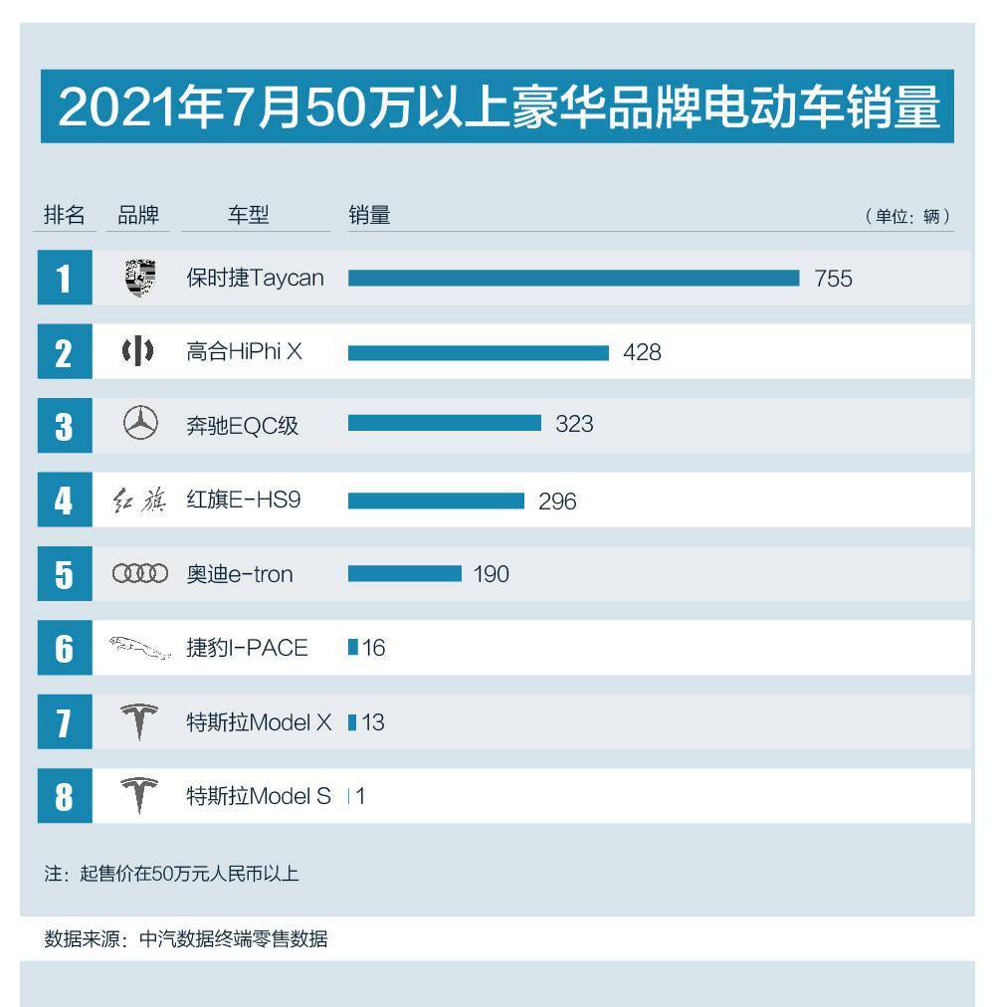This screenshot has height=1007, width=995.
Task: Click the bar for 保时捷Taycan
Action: coord(573,278)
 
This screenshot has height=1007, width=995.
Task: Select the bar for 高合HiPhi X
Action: coord(478,352)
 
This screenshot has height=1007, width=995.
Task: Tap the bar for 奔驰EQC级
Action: coord(444,424)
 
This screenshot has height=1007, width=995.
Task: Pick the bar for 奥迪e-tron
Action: coord(404,573)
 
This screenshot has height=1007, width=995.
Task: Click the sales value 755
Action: coord(833,279)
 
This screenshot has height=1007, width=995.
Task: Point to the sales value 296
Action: coord(557,502)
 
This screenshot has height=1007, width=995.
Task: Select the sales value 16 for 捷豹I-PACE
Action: coord(374,649)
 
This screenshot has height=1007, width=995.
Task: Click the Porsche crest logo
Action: coord(140,279)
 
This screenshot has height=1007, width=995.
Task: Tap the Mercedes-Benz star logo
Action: coord(140,425)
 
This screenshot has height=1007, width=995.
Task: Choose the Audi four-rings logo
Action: coord(140,574)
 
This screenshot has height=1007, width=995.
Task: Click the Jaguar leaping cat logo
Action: coord(140,648)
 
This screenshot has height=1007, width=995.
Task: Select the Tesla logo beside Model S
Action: coord(140,796)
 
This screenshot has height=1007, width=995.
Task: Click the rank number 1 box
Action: coord(65,279)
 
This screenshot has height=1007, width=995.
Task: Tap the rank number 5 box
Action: coord(65,574)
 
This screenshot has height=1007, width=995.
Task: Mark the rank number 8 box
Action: coord(65,796)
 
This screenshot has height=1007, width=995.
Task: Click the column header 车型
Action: coord(249,215)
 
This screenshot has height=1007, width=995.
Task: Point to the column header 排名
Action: coord(65,215)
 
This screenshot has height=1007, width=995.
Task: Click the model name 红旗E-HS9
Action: coord(243,501)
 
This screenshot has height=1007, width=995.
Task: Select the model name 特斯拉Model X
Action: coord(259,722)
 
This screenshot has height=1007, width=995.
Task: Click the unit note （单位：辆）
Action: coord(907,216)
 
